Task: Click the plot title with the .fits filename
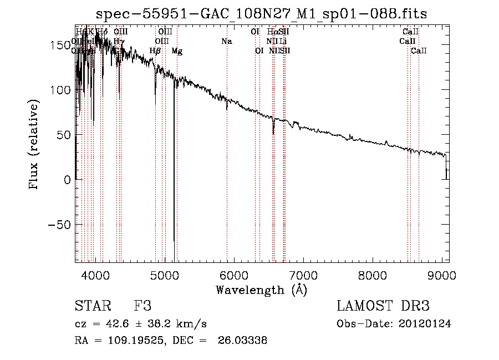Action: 262,13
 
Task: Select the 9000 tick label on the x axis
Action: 442,276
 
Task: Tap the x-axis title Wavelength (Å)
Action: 262,290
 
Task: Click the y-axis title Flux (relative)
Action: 35,145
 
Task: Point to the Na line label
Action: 226,41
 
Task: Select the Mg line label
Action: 177,51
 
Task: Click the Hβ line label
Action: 155,51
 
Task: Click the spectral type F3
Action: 142,307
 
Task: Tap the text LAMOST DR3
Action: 383,307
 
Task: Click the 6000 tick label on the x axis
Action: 234,276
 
